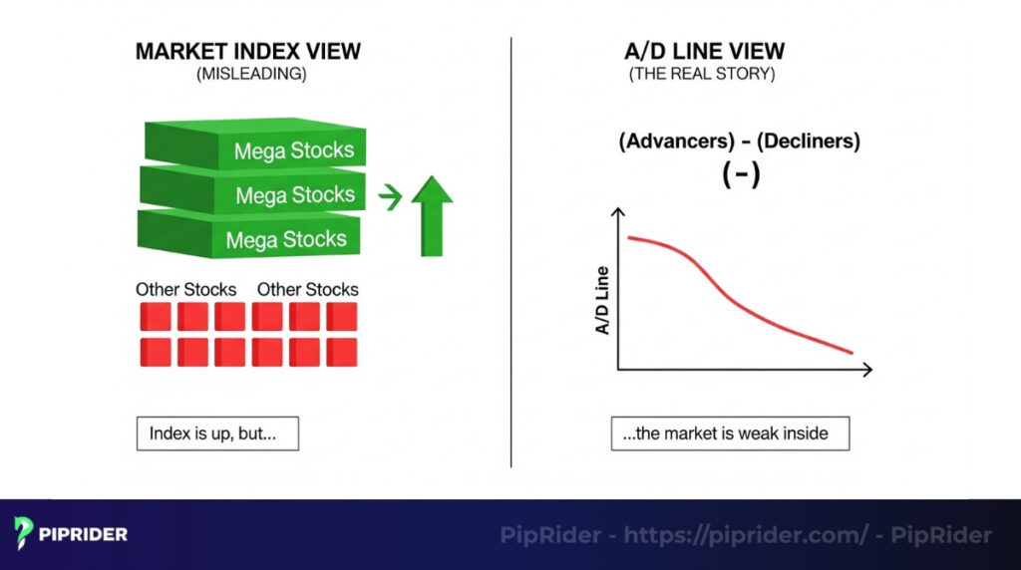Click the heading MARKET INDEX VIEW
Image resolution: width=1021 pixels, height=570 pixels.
click(x=247, y=51)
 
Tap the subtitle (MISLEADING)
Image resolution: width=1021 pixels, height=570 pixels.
click(x=247, y=74)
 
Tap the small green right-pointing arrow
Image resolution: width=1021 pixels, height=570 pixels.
click(x=391, y=196)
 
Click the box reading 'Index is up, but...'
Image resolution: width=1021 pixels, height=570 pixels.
click(x=217, y=433)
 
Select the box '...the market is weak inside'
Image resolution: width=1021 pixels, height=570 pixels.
click(x=731, y=433)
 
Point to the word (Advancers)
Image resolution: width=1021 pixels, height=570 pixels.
click(x=673, y=141)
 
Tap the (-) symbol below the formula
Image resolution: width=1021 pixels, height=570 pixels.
click(x=741, y=174)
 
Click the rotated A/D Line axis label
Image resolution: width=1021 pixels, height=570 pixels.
click(x=603, y=299)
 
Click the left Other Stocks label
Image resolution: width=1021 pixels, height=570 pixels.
click(x=186, y=289)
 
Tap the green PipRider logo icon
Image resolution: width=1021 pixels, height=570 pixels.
click(x=25, y=534)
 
